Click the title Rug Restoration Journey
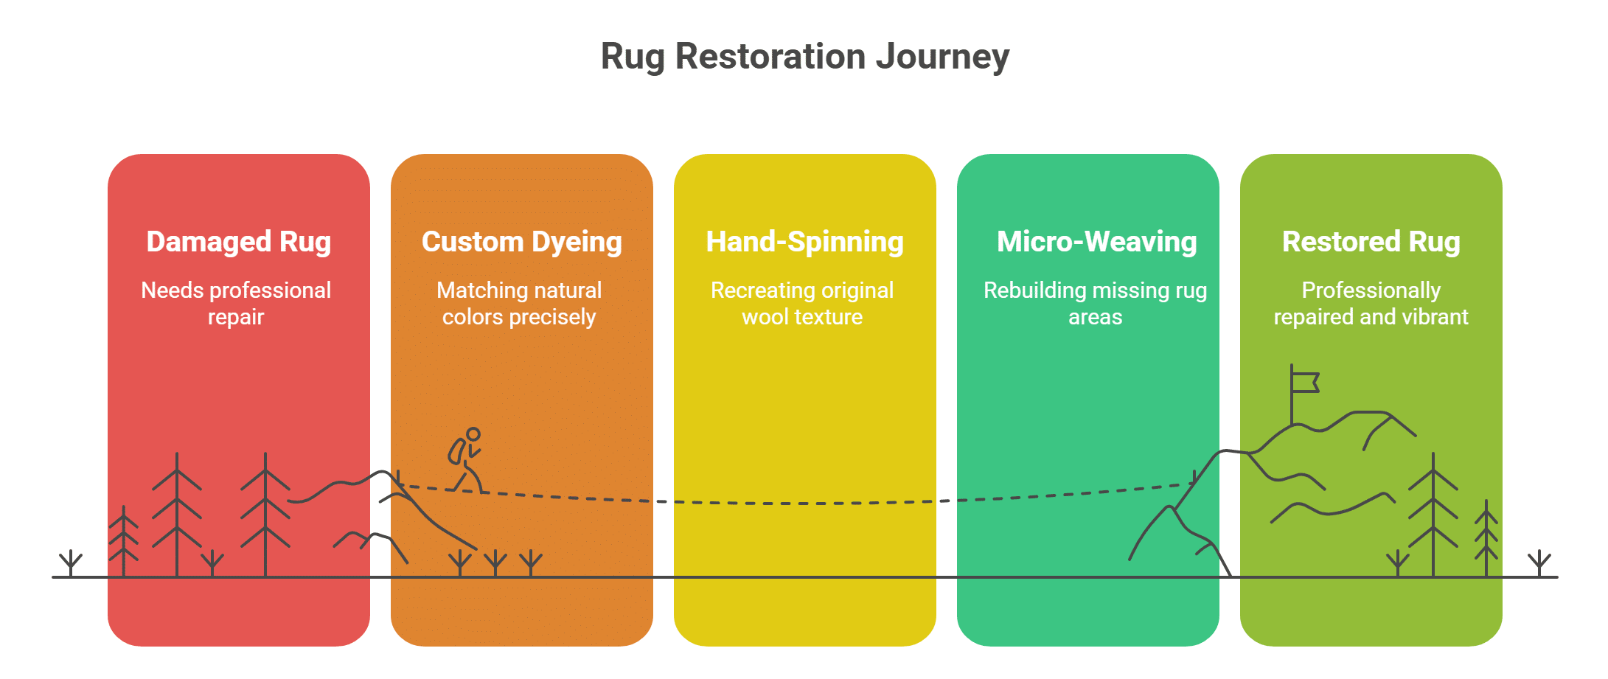(804, 57)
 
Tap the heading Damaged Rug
(238, 242)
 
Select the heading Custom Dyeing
(521, 242)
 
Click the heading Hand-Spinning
(804, 242)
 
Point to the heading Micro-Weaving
(1096, 242)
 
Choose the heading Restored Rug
(1371, 242)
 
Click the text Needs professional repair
(236, 303)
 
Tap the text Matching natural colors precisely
(519, 303)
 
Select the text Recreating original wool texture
(802, 303)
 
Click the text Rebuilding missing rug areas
(1095, 303)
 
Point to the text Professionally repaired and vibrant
(1371, 303)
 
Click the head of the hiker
(473, 434)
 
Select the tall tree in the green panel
(1433, 516)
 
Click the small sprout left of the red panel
(71, 563)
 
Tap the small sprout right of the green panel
(1539, 563)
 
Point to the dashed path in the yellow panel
(804, 504)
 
